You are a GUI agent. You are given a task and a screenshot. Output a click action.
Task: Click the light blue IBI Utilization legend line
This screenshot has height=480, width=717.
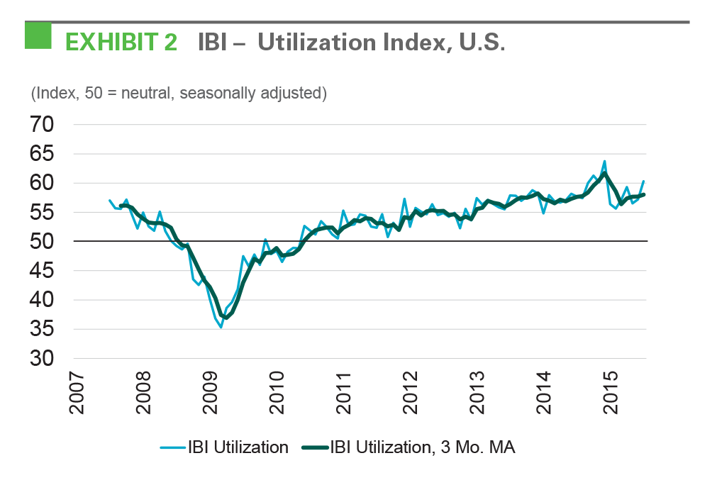tap(172, 447)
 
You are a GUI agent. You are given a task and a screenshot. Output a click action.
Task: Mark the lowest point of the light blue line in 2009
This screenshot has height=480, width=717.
tap(221, 327)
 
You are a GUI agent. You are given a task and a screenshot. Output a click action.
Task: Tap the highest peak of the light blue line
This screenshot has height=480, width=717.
tap(604, 161)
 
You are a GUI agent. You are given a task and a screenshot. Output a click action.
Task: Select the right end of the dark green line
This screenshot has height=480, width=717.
tap(643, 194)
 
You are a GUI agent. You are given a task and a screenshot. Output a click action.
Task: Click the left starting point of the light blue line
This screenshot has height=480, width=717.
tap(109, 201)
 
